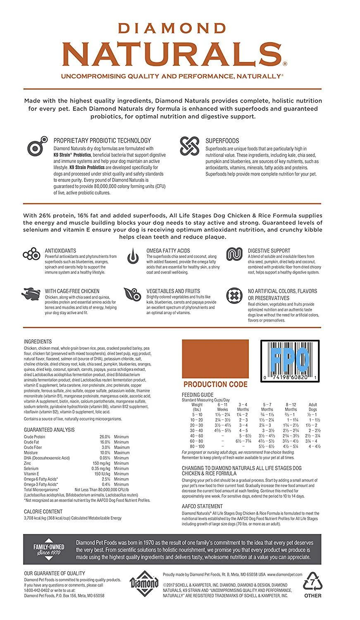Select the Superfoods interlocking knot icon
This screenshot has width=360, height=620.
[x=190, y=145]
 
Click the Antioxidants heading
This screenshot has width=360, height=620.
[x=60, y=251]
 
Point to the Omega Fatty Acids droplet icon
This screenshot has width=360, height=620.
[x=132, y=256]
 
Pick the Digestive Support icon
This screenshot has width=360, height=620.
[x=234, y=254]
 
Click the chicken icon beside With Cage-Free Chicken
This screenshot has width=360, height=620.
[x=31, y=295]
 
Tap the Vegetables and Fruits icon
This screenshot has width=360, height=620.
[x=132, y=295]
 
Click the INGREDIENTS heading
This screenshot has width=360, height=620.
[x=38, y=342]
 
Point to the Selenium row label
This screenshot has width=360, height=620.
[x=31, y=469]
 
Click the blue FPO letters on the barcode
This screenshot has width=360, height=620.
[x=290, y=358]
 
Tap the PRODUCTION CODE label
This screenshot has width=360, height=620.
[x=215, y=384]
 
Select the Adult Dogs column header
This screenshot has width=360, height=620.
[x=312, y=407]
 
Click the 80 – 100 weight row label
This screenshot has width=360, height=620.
[x=197, y=446]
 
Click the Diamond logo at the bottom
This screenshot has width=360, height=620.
[x=145, y=584]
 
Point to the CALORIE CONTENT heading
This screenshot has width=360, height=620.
[x=43, y=511]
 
